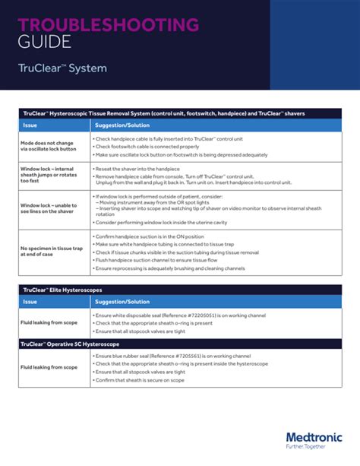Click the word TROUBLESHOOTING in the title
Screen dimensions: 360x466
coord(109,25)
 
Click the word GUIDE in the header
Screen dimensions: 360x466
coord(46,41)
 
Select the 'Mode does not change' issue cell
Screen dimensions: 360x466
coord(48,145)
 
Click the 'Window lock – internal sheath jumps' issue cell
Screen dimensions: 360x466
coord(47,176)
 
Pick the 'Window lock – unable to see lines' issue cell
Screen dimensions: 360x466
coord(47,209)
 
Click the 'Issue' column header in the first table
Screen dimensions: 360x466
coord(30,124)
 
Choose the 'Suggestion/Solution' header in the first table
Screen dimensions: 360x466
coord(122,124)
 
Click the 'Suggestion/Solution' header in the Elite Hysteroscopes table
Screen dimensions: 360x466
coord(122,302)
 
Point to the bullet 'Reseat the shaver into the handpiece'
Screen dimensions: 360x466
coord(137,168)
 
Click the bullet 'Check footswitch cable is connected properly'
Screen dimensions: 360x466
coord(144,146)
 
